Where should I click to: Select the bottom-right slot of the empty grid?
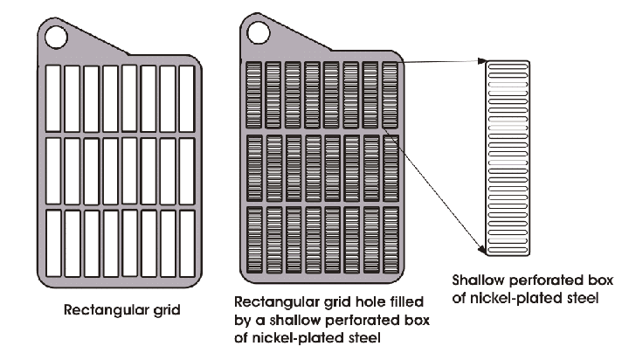pyautogui.click(x=187, y=244)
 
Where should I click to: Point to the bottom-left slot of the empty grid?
pyautogui.click(x=53, y=244)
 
